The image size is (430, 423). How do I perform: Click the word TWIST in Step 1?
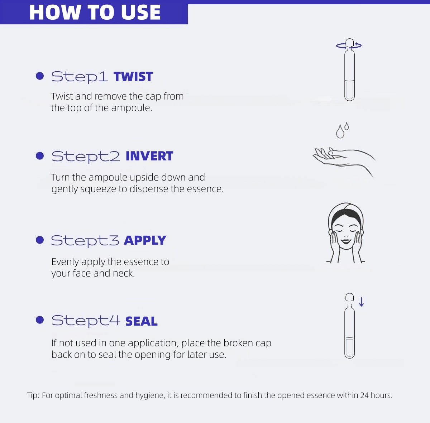(x=133, y=77)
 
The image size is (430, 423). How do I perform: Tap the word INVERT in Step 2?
(x=149, y=156)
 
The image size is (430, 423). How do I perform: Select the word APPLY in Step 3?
(x=145, y=240)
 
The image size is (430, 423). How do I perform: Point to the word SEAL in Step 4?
(x=142, y=321)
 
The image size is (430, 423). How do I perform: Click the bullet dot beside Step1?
(x=40, y=76)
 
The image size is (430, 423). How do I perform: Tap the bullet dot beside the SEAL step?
(x=40, y=320)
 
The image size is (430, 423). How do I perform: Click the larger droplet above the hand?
(x=340, y=132)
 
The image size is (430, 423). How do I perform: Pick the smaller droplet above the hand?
(x=347, y=126)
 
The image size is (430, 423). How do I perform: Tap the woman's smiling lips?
(x=346, y=241)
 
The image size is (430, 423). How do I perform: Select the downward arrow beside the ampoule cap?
(x=362, y=302)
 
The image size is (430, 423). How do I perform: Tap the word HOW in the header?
(x=55, y=12)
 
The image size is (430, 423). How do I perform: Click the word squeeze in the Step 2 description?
(x=98, y=189)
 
